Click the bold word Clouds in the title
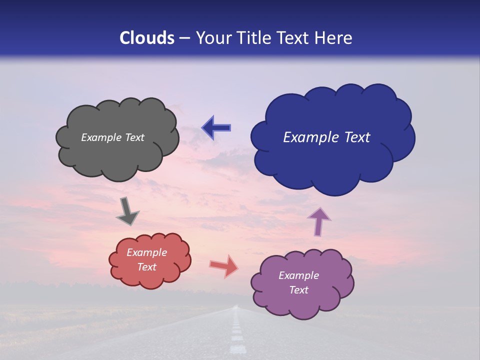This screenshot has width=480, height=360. (x=147, y=38)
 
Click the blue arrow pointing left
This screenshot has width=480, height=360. (x=216, y=127)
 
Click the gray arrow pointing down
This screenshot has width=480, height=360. (x=127, y=210)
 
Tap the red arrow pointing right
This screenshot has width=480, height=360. (x=223, y=266)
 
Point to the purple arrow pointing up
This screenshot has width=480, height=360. (x=318, y=221)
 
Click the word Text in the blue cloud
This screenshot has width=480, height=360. (x=357, y=137)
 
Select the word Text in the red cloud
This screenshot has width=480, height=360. (x=146, y=267)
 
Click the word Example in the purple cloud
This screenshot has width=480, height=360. (x=298, y=275)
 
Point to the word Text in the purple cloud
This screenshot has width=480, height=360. (x=298, y=290)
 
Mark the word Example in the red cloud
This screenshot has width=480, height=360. (x=146, y=252)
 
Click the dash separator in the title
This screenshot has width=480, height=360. (x=184, y=38)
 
